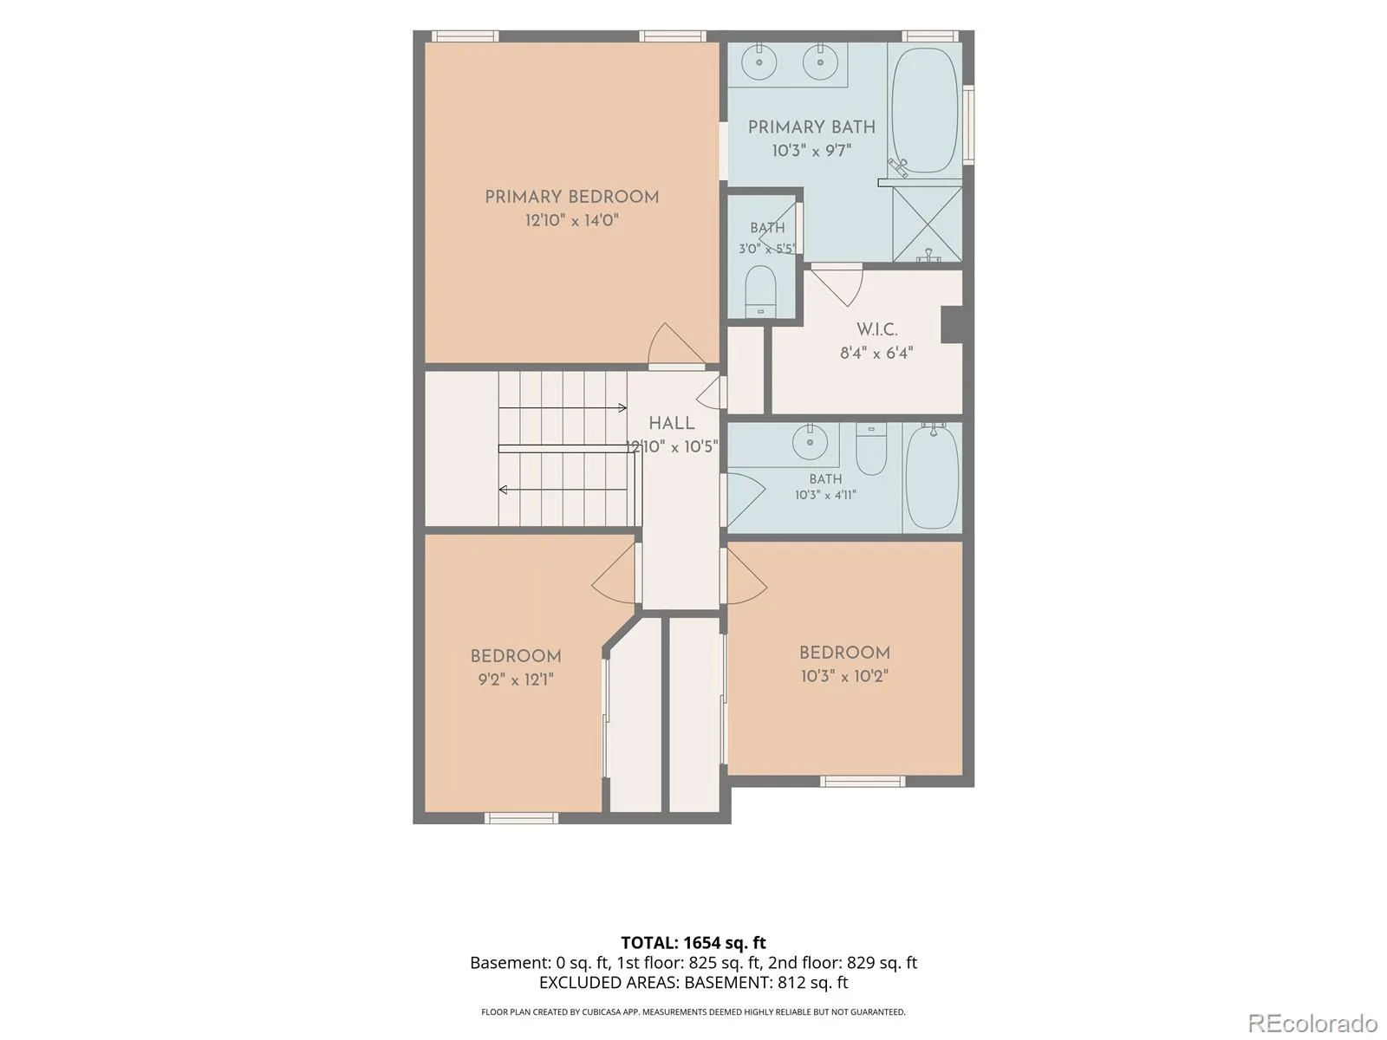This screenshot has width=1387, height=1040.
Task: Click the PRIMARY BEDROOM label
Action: pyautogui.click(x=571, y=197)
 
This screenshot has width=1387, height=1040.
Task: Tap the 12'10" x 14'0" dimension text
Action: pyautogui.click(x=571, y=220)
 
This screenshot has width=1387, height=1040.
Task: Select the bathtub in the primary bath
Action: pyautogui.click(x=924, y=110)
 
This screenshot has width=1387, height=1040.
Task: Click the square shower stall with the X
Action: pyautogui.click(x=927, y=224)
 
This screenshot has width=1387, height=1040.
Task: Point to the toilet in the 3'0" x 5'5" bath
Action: pyautogui.click(x=761, y=292)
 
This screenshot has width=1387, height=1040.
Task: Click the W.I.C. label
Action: pyautogui.click(x=876, y=329)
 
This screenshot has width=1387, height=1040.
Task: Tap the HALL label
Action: pyautogui.click(x=672, y=423)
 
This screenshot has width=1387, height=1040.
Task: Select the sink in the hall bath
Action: pyautogui.click(x=810, y=441)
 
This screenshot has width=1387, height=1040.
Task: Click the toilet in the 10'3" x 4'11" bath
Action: pyautogui.click(x=870, y=448)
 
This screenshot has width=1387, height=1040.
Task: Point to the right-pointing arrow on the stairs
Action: pyautogui.click(x=563, y=408)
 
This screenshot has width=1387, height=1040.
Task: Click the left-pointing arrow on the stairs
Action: pyautogui.click(x=563, y=490)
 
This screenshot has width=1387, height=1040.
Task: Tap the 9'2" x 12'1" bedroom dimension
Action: pyautogui.click(x=516, y=679)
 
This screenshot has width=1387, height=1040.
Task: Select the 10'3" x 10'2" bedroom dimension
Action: pyautogui.click(x=844, y=676)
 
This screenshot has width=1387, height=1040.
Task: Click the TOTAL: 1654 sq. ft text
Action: pyautogui.click(x=693, y=943)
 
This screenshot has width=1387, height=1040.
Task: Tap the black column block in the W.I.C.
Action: pyautogui.click(x=952, y=324)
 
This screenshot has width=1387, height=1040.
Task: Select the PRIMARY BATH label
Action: pyautogui.click(x=811, y=127)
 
